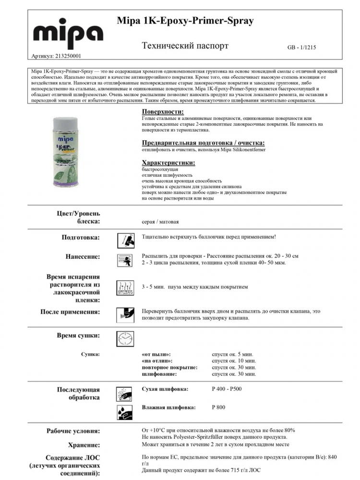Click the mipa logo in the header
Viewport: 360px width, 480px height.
click(68, 33)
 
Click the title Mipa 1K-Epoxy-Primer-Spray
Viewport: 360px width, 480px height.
click(185, 21)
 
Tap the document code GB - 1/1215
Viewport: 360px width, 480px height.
click(301, 48)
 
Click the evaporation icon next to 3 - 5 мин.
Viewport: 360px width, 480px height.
click(125, 288)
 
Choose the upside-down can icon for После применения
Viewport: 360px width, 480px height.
click(125, 315)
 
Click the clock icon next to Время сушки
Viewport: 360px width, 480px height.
click(125, 339)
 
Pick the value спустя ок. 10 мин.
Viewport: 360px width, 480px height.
click(234, 360)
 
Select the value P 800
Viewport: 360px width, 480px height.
click(218, 408)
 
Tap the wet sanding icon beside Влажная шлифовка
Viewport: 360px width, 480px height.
click(125, 411)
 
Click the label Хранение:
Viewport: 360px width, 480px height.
click(84, 445)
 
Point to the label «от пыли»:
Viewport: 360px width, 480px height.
click(156, 354)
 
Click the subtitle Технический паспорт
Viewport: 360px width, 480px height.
click(185, 46)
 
